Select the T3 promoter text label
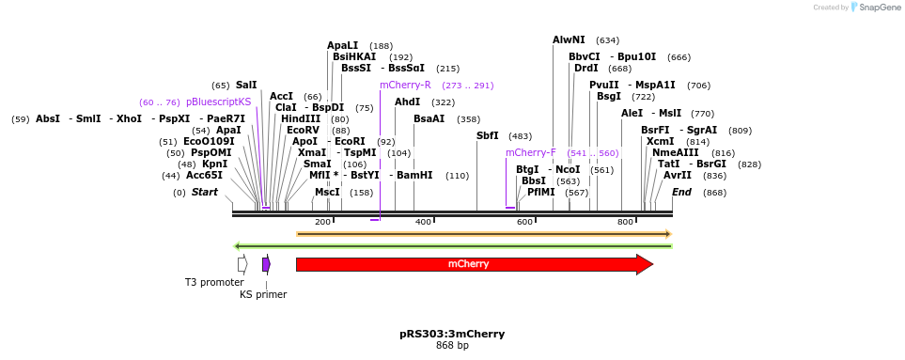213,282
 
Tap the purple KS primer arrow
266,264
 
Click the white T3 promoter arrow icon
242,264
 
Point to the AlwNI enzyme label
569,40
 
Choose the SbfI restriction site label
487,136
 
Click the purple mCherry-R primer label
405,86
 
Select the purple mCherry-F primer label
530,152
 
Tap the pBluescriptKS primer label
218,102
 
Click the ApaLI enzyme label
342,45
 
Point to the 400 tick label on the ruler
423,222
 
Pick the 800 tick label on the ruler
625,222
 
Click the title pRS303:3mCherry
452,334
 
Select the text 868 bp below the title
452,346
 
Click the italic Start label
204,193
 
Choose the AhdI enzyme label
407,102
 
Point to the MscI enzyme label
327,193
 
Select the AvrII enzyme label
677,176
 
